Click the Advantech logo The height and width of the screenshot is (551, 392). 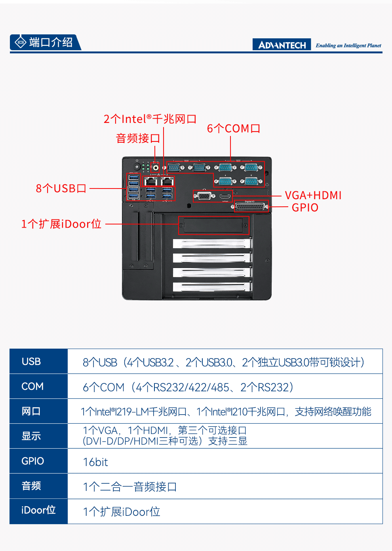coord(282,45)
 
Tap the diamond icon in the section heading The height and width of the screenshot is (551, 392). coord(20,42)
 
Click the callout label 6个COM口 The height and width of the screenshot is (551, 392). coord(234,128)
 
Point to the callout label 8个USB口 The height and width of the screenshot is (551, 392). coord(61,188)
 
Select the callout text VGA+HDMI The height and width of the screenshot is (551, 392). coord(313,195)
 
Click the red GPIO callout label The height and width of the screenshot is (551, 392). coord(305,208)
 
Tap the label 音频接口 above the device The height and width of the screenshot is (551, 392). coord(138,138)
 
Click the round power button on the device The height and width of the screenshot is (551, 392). coord(137,167)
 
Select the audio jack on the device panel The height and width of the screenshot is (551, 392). coord(156,168)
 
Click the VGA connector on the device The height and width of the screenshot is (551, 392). coord(204,196)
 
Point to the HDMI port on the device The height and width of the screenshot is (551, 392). coord(225,196)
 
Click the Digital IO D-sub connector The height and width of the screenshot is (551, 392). coord(250,206)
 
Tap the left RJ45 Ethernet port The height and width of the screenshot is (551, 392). coord(150,182)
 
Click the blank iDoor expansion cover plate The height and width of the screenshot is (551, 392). coord(213,226)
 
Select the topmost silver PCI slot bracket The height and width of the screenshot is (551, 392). coord(212,243)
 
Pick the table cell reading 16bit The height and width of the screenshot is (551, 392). coord(95,462)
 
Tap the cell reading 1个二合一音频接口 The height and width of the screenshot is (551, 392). coord(130,487)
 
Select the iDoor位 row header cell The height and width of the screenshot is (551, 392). coord(38,510)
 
